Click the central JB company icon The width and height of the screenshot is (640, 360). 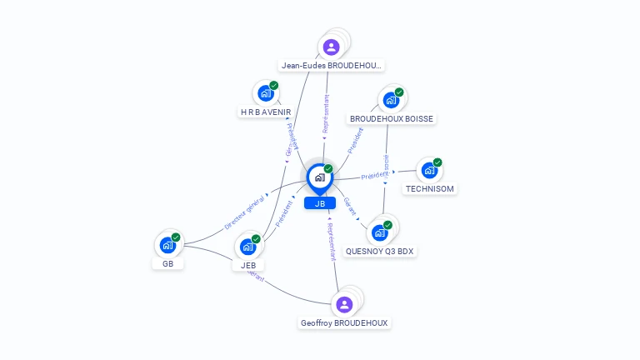click(319, 177)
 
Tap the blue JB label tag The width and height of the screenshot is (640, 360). click(320, 203)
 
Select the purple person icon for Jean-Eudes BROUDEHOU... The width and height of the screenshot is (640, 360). click(332, 47)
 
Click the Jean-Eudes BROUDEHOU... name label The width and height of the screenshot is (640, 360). click(332, 65)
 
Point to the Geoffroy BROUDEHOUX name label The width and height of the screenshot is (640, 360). click(344, 322)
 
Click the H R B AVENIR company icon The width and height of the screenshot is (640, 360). click(266, 93)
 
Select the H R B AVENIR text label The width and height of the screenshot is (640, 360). click(266, 112)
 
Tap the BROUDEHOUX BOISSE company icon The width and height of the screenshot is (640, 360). click(391, 100)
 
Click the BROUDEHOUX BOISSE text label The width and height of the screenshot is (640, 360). click(392, 118)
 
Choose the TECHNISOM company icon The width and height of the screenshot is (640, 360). click(429, 170)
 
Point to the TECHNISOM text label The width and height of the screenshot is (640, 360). click(430, 188)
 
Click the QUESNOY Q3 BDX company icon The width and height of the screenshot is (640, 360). click(380, 232)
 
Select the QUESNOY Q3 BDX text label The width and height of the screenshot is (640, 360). click(380, 251)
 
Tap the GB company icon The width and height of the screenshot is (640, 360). click(167, 246)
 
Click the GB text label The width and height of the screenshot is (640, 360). click(167, 264)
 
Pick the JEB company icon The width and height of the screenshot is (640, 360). click(247, 247)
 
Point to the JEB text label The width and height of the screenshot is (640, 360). click(248, 265)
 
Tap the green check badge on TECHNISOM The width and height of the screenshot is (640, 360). click(437, 162)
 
